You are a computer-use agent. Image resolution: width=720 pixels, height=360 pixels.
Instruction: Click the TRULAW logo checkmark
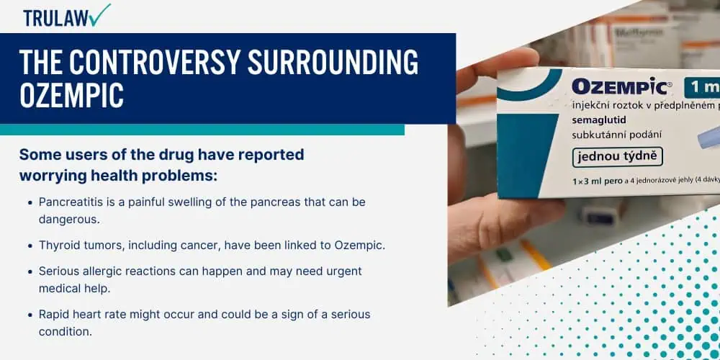tap(100, 14)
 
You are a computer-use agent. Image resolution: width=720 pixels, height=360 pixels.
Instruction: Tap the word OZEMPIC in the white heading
tap(71, 96)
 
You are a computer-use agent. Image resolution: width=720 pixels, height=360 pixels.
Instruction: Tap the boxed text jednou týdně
tap(618, 157)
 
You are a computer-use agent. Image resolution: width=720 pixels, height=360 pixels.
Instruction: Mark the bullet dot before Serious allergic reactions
tap(30, 272)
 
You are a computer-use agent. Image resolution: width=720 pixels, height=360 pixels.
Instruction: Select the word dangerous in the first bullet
tap(69, 219)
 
